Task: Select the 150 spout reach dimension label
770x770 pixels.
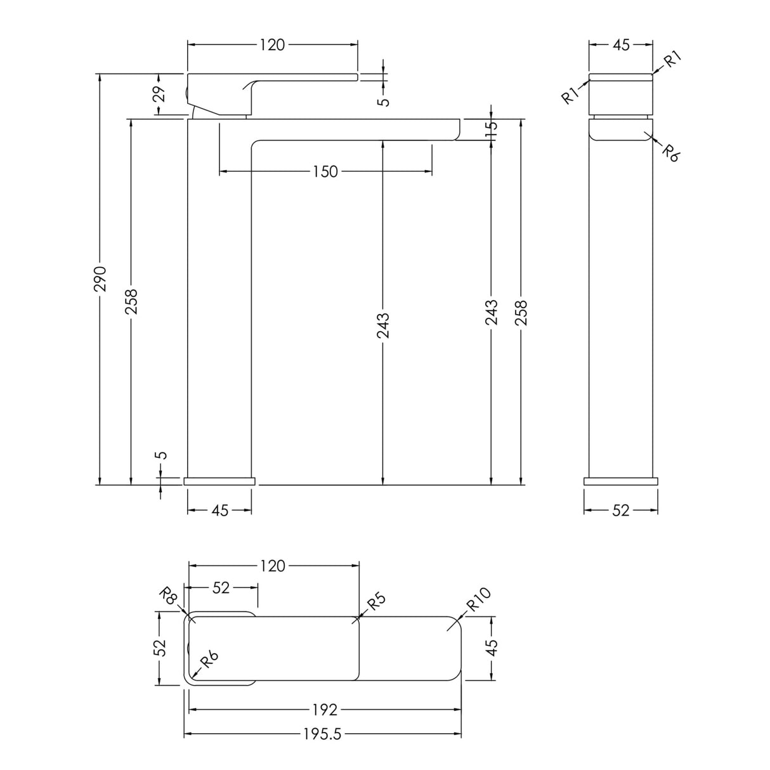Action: (x=325, y=172)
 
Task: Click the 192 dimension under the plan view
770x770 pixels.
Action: (x=325, y=710)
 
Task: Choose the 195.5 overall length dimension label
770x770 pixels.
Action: (x=322, y=734)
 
